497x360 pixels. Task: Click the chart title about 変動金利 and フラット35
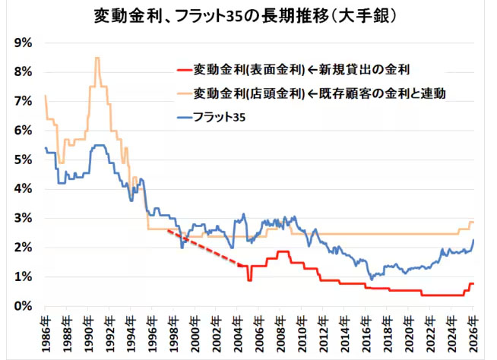click(248, 14)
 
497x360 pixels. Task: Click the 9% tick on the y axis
click(22, 43)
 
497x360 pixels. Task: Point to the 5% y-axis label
click(22, 159)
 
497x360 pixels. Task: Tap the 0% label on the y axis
click(22, 306)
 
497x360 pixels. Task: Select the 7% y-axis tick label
click(22, 101)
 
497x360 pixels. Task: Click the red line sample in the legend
click(182, 70)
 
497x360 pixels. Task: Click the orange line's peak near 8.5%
click(97, 58)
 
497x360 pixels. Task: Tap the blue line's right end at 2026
click(473, 241)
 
